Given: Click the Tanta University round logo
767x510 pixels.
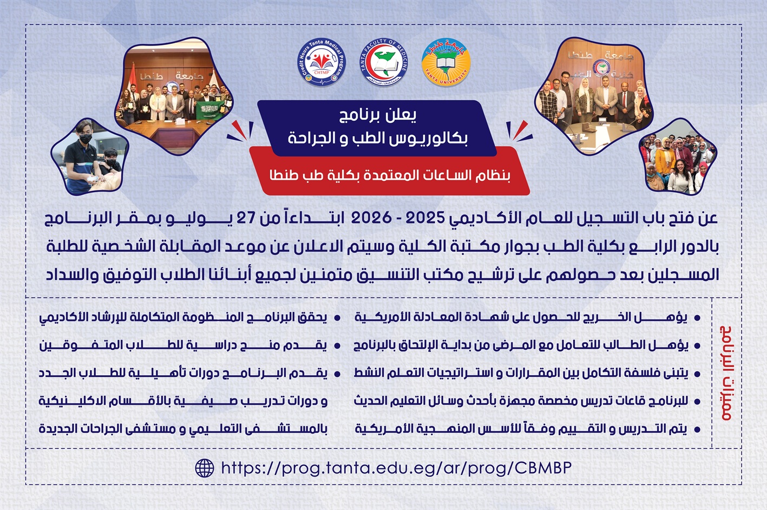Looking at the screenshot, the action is pyautogui.click(x=446, y=62).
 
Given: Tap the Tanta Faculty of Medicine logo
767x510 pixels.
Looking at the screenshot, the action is pyautogui.click(x=383, y=62).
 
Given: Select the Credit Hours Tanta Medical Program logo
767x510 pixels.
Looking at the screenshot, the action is pyautogui.click(x=321, y=62).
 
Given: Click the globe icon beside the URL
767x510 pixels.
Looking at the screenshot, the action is pyautogui.click(x=205, y=468).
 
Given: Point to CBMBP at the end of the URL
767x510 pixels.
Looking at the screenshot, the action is pyautogui.click(x=543, y=468).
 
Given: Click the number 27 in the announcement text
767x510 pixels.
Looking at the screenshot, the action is pyautogui.click(x=246, y=218).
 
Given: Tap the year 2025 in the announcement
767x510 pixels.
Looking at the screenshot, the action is pyautogui.click(x=425, y=218).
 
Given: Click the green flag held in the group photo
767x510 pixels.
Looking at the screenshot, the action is pyautogui.click(x=208, y=110).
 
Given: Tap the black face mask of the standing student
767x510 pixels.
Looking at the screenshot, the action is pyautogui.click(x=86, y=139).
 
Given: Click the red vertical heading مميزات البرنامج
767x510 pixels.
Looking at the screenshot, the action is pyautogui.click(x=726, y=372).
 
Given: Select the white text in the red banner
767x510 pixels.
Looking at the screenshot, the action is pyautogui.click(x=390, y=175).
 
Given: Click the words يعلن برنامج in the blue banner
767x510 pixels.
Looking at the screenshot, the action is pyautogui.click(x=377, y=116).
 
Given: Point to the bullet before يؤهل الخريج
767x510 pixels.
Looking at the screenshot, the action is pyautogui.click(x=697, y=318).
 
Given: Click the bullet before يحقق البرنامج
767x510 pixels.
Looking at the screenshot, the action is pyautogui.click(x=337, y=318).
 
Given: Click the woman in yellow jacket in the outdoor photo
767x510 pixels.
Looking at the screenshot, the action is pyautogui.click(x=665, y=161).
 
